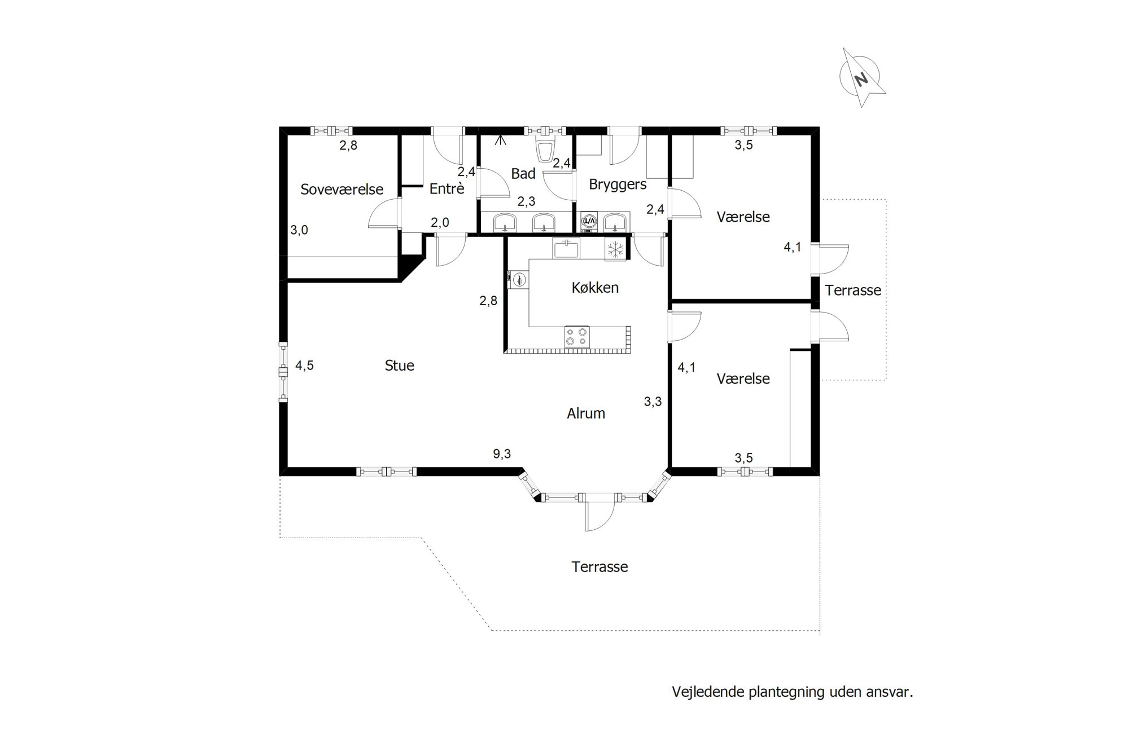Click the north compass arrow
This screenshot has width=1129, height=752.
(x=861, y=78)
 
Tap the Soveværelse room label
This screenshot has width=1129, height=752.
(x=342, y=190)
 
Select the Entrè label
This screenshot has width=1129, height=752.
(x=447, y=188)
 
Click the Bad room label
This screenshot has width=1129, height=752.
(x=523, y=174)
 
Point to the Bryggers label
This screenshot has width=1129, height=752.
(x=618, y=184)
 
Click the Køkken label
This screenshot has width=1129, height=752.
(x=595, y=288)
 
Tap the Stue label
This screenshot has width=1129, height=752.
(x=400, y=366)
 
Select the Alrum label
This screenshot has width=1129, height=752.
(x=586, y=414)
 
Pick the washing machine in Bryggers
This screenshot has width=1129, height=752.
(x=589, y=222)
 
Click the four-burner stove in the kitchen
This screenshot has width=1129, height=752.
(x=576, y=337)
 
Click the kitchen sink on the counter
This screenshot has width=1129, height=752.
(x=566, y=249)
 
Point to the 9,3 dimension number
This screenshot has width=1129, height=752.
(x=502, y=454)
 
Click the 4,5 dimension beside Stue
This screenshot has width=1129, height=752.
(x=304, y=366)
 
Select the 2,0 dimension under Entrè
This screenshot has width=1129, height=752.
(x=440, y=223)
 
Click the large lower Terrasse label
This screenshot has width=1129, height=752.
(x=599, y=567)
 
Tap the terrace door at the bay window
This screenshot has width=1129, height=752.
(x=599, y=514)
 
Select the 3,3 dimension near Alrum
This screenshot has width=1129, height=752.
(x=653, y=402)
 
